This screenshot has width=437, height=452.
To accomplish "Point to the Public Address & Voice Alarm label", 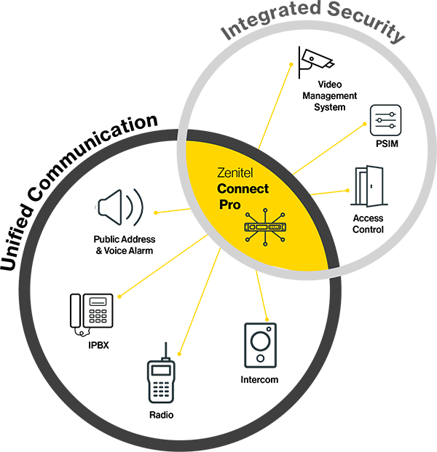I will pyautogui.click(x=124, y=245).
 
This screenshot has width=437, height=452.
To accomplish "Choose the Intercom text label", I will pyautogui.click(x=259, y=379).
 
